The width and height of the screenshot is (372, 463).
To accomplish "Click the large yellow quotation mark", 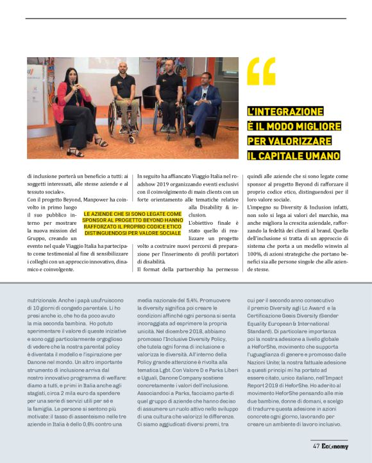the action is coord(261,71).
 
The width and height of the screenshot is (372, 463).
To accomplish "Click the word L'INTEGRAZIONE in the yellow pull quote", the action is coord(286,112).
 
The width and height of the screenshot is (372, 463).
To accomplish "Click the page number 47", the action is coord(316,446).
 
